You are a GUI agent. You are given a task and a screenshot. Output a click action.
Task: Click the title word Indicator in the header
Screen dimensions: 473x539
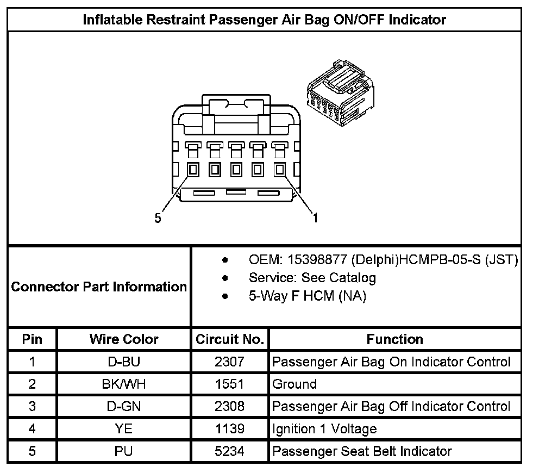(x=415, y=20)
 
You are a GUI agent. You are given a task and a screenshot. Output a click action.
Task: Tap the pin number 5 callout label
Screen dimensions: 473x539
(x=158, y=218)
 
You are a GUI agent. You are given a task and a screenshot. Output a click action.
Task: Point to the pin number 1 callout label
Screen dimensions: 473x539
(x=315, y=218)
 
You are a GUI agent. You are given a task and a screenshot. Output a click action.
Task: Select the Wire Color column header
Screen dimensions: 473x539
(x=124, y=339)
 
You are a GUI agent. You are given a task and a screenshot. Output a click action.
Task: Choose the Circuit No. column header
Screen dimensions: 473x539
(x=230, y=339)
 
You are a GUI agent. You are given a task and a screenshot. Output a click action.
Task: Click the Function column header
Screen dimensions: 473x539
(x=394, y=339)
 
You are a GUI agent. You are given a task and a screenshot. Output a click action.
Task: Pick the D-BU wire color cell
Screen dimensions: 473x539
(x=124, y=362)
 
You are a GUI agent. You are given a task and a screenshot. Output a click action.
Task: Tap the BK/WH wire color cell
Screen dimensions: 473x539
(x=124, y=384)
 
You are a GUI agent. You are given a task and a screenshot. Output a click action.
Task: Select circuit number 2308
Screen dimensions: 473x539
(x=230, y=406)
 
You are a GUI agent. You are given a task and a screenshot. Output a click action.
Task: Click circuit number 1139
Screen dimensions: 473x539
(x=230, y=428)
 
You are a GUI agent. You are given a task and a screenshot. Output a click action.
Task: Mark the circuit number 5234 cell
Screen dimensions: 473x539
(x=230, y=451)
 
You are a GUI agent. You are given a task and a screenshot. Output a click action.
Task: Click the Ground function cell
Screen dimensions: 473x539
(x=294, y=384)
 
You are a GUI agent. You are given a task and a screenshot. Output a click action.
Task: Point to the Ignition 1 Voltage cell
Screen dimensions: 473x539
(x=324, y=428)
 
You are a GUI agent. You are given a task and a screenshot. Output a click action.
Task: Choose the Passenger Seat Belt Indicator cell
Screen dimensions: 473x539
(x=362, y=451)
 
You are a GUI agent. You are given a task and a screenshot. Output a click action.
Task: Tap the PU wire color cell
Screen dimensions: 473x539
(x=124, y=451)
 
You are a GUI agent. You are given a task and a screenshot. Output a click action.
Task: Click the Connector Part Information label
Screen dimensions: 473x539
(x=99, y=287)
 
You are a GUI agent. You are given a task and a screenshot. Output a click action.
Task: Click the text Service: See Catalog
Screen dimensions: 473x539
(x=312, y=278)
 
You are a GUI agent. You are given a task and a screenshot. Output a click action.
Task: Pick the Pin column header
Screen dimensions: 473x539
(x=32, y=339)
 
